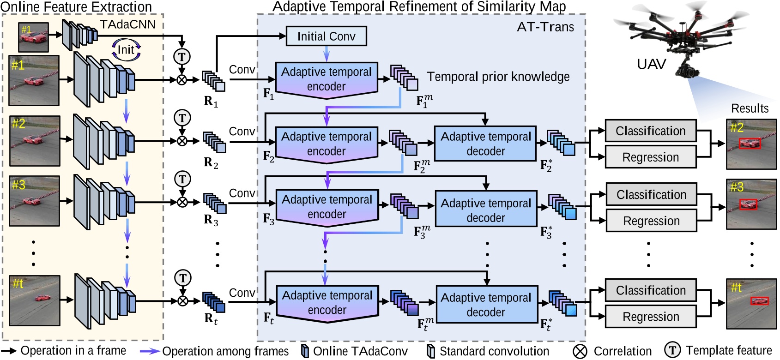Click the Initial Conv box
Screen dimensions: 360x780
[x=326, y=36]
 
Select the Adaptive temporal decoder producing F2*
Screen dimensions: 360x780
[x=485, y=144]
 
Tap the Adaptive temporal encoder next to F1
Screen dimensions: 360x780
[x=327, y=79]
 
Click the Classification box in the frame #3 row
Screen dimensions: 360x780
[x=651, y=195]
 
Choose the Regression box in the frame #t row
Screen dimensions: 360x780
[x=650, y=317]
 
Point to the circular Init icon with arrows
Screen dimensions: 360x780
[x=126, y=50]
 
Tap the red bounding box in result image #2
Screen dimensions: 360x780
[x=749, y=144]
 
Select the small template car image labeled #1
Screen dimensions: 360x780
[x=33, y=37]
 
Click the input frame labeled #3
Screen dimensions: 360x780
[x=35, y=201]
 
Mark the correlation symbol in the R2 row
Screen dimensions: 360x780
[x=182, y=141]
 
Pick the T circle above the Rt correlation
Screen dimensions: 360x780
[x=183, y=278]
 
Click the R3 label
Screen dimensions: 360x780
[x=211, y=221]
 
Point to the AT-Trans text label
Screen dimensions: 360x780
[x=545, y=27]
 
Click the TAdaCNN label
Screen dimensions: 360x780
[x=127, y=24]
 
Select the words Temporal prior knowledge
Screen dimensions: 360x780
[x=498, y=77]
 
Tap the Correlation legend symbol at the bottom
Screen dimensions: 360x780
[x=580, y=351]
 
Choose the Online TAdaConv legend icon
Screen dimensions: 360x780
[x=305, y=351]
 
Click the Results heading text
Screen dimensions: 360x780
[x=750, y=108]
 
